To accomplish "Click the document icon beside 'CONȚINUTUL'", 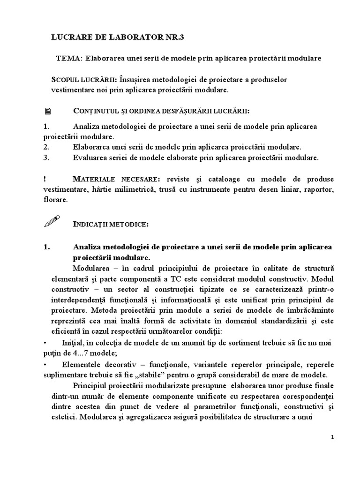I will (x=47, y=111).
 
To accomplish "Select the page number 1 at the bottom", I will (x=332, y=437).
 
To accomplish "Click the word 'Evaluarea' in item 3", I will (x=90, y=158).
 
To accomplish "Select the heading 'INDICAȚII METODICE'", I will (x=111, y=225).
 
